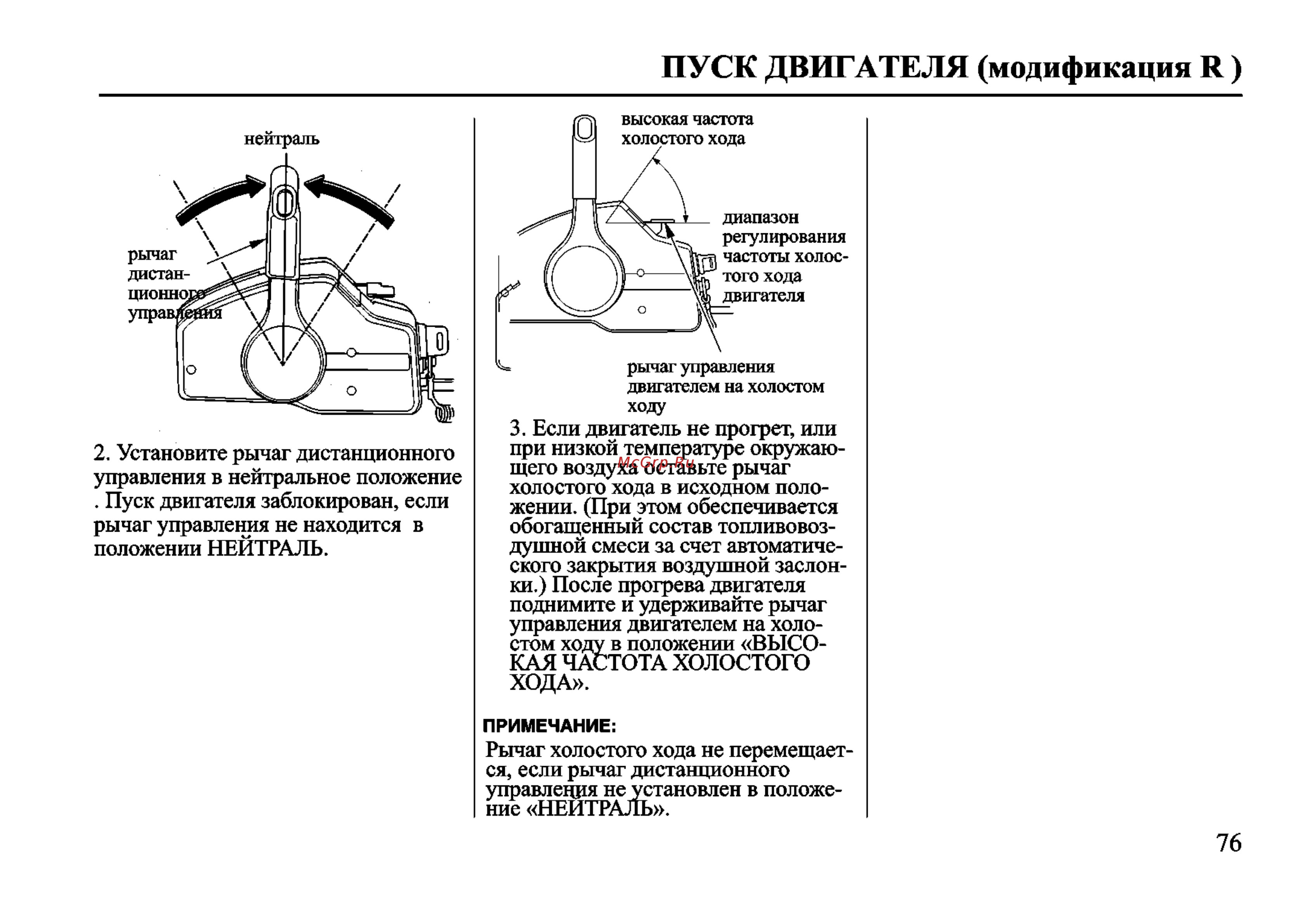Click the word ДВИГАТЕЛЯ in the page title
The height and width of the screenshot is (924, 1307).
coord(866,68)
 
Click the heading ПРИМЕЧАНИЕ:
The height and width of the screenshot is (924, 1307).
coord(549,726)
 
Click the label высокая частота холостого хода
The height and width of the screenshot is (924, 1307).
coord(686,129)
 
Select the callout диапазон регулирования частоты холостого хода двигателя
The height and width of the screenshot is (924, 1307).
coord(784,256)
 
